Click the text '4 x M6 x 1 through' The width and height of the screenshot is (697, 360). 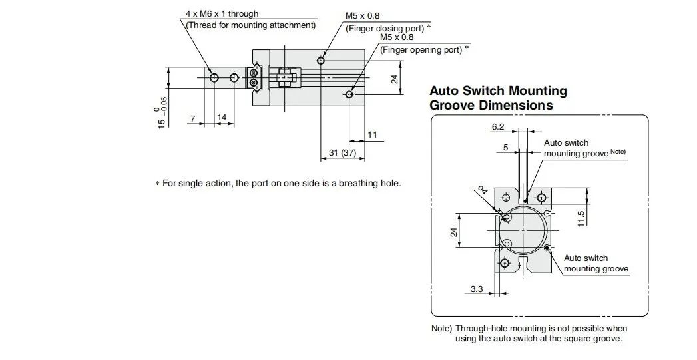click(x=222, y=14)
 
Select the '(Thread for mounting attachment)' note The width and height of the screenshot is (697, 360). click(x=251, y=25)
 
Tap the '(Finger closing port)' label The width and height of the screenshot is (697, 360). click(x=385, y=29)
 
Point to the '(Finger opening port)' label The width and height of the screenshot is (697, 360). click(x=421, y=50)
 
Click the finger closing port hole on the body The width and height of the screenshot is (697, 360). click(x=322, y=60)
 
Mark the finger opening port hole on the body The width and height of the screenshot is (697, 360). click(x=350, y=94)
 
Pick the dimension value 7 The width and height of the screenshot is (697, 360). click(x=193, y=118)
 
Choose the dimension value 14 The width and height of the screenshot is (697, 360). click(x=222, y=117)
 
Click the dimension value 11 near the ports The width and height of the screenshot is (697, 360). click(x=372, y=134)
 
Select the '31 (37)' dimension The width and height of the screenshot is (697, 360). click(x=342, y=152)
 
